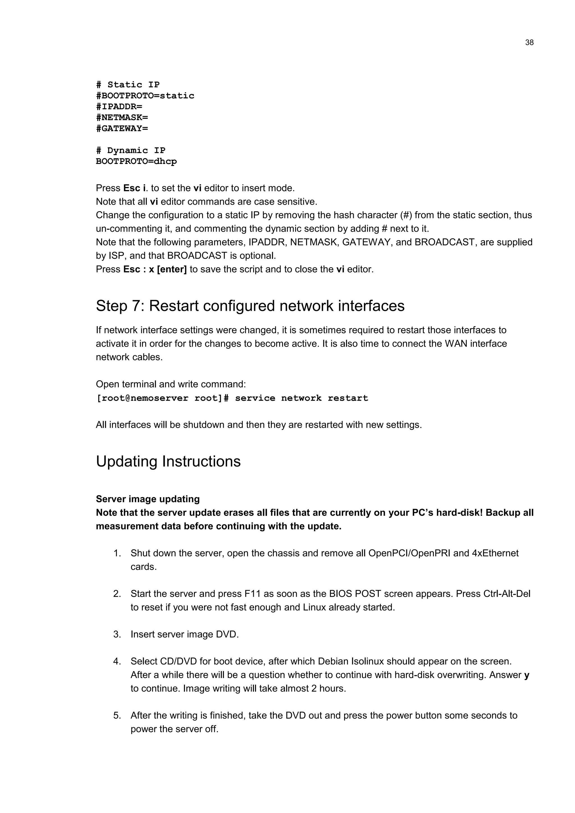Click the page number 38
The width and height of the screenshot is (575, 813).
[529, 42]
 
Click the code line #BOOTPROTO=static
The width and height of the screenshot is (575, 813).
[145, 96]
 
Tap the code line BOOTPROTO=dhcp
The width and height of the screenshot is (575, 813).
[136, 161]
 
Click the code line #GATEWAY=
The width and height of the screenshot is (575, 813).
[122, 128]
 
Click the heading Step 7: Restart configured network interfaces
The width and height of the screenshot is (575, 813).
[250, 306]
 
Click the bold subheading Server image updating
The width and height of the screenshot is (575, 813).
[148, 499]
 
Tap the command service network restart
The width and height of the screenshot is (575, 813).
[301, 398]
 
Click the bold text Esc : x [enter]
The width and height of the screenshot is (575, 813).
[155, 269]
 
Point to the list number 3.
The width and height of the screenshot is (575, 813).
[117, 634]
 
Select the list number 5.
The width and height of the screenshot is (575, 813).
[117, 715]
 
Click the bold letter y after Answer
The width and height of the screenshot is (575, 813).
[526, 675]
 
